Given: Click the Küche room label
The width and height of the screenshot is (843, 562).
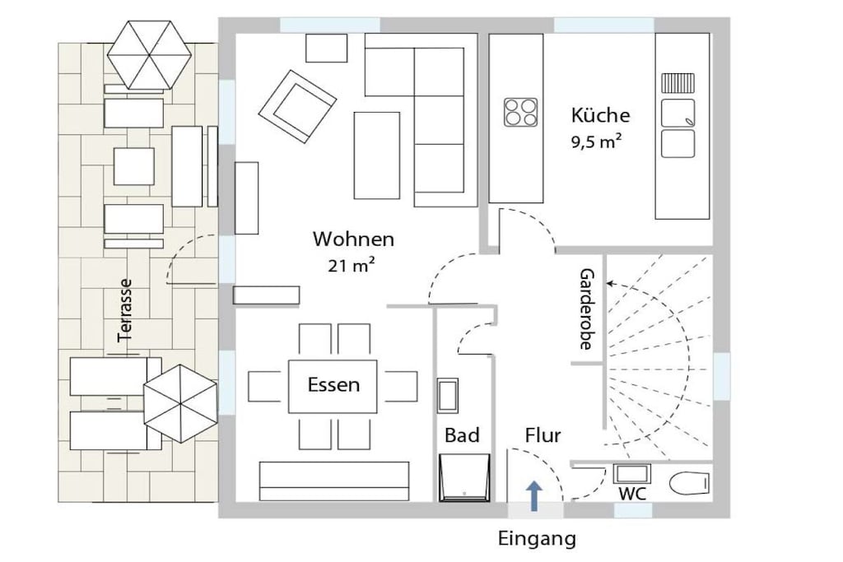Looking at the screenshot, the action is (600, 115).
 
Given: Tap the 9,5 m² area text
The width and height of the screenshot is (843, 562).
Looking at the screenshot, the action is (596, 142).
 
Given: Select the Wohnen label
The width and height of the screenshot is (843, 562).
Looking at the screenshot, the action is (353, 239).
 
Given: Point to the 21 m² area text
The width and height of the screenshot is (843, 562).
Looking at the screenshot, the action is (351, 266).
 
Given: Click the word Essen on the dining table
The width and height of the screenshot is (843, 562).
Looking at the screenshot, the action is (333, 385).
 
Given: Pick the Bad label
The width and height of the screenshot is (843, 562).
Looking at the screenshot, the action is (462, 435).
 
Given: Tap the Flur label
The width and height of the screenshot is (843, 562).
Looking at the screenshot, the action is (543, 435).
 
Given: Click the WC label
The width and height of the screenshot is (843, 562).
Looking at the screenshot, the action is (632, 494).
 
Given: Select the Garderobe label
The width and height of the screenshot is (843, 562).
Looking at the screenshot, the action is (586, 309).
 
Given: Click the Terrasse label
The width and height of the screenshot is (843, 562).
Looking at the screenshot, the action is (125, 310).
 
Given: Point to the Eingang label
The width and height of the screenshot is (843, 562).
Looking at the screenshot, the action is (537, 539).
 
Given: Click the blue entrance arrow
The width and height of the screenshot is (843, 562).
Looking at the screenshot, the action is (533, 495).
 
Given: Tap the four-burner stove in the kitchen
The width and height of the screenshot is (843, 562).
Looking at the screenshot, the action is (520, 112).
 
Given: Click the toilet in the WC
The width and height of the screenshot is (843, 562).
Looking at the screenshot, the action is (690, 482).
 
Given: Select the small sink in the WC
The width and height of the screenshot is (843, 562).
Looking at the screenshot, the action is (631, 474).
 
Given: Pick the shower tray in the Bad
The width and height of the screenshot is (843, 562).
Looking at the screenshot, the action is (464, 477).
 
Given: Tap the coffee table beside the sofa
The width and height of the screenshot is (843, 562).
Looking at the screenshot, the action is (377, 156).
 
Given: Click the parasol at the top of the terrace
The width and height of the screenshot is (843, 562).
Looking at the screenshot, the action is (149, 55).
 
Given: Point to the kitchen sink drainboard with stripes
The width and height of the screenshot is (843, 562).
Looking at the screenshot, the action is (678, 83).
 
